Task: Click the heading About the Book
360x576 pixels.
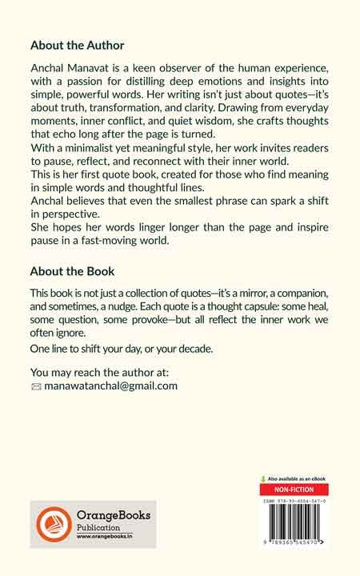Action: coord(71,270)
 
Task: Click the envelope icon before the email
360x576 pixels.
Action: coord(34,386)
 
